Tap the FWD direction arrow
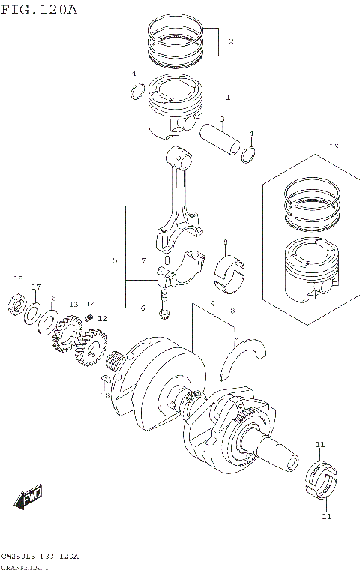(x=28, y=497)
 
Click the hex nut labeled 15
(x=18, y=304)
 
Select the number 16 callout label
(x=51, y=299)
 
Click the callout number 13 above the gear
(x=73, y=305)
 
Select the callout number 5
(x=115, y=260)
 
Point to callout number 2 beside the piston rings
(x=231, y=41)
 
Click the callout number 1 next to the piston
(x=228, y=98)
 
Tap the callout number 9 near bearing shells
(x=214, y=303)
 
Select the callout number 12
(x=103, y=318)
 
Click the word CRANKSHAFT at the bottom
(x=26, y=567)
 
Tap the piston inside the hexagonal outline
(x=307, y=266)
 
